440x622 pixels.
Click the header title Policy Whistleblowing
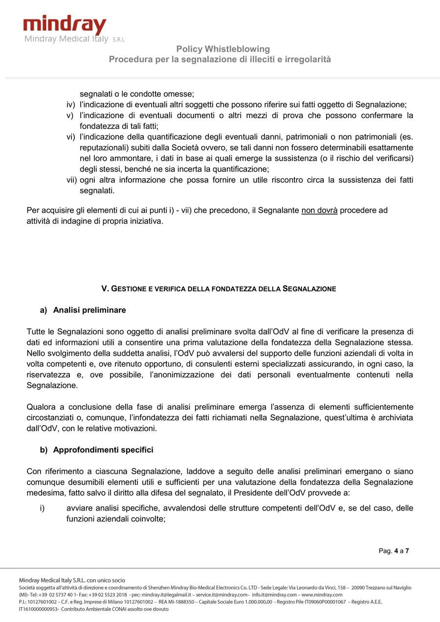tap(223, 49)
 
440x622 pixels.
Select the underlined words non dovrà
tap(319, 210)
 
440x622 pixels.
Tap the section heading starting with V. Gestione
tap(219, 289)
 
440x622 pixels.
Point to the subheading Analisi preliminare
tap(89, 310)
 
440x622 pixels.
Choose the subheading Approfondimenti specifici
tap(103, 450)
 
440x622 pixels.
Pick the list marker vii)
tap(71, 180)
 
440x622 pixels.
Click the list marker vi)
tap(70, 137)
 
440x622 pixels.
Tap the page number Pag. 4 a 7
tap(394, 551)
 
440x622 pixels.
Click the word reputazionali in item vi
tap(104, 148)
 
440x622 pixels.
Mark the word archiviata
tap(395, 418)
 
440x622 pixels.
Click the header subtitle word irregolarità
tap(309, 60)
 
